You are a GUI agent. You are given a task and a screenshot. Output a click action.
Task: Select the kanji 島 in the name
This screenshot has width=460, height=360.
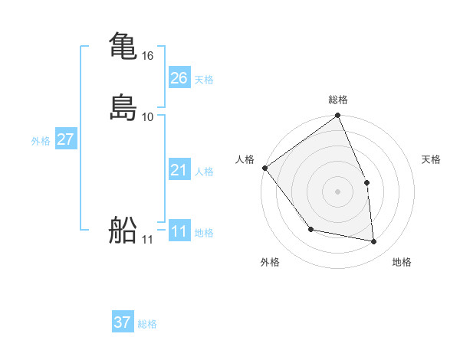point(123,106)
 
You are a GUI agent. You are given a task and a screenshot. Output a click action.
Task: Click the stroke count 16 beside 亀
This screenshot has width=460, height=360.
point(148,56)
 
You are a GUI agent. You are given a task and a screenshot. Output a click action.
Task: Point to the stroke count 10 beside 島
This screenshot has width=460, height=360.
point(148,116)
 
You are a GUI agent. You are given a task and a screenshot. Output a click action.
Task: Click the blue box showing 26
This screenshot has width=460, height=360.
point(179,78)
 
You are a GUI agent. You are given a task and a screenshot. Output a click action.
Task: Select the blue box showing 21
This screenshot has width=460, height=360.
point(179,170)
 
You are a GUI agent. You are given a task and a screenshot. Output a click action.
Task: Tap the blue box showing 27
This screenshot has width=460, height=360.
point(65,139)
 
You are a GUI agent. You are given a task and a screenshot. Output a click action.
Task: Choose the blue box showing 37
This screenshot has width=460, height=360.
point(123,322)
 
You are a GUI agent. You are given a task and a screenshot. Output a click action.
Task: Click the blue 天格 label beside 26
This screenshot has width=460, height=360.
point(204,80)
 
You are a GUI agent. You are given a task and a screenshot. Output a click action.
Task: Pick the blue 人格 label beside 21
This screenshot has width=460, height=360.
point(204,172)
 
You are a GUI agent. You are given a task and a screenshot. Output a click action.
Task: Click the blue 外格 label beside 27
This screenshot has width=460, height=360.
point(41,141)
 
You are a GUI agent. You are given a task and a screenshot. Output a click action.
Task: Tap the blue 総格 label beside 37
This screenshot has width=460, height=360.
point(147,324)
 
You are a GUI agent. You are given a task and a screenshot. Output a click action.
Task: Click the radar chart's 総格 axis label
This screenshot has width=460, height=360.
point(338,100)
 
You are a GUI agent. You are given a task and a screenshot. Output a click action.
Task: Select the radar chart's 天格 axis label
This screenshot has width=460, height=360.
point(431,159)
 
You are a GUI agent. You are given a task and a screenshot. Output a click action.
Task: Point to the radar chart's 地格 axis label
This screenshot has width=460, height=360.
point(402,262)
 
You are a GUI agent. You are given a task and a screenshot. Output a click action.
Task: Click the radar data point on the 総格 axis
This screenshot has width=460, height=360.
point(338,116)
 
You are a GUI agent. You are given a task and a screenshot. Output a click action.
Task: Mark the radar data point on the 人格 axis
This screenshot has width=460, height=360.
point(264,168)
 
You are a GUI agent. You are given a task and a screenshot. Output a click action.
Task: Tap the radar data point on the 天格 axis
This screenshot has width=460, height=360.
point(366,182)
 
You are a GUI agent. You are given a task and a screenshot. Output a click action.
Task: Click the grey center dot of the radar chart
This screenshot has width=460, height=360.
point(338,191)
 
